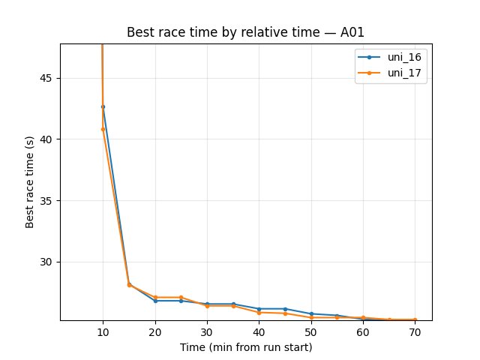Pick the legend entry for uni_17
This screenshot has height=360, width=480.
tap(390, 73)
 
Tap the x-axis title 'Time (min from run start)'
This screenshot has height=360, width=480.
tap(246, 347)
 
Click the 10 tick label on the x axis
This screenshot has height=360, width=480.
tap(103, 331)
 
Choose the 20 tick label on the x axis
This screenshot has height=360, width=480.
tap(155, 331)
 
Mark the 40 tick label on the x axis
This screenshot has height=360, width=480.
tap(259, 331)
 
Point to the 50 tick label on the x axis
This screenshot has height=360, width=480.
tap(311, 331)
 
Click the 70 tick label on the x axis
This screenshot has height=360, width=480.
tap(415, 331)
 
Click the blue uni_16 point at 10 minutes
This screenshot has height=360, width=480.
tap(103, 106)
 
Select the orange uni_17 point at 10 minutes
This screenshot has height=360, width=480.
tap(103, 129)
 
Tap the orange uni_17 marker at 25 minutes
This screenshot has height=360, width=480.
tap(181, 297)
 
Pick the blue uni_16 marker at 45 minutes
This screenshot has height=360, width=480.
tap(285, 309)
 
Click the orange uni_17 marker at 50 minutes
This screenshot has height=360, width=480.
tap(311, 317)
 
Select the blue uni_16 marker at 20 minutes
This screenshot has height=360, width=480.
tap(155, 301)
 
